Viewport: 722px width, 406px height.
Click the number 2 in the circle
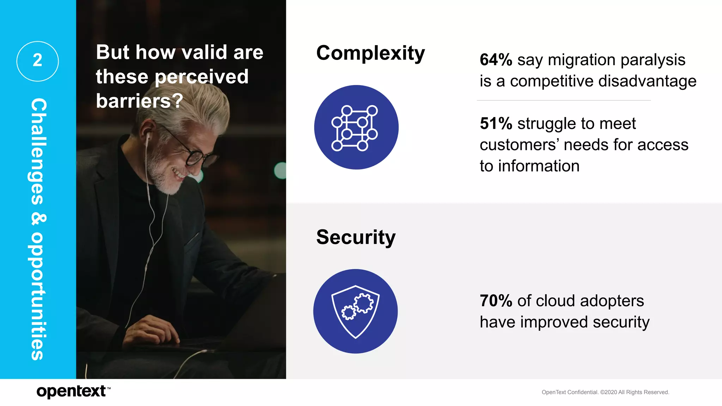pyautogui.click(x=37, y=61)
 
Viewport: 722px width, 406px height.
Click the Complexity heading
pyautogui.click(x=371, y=54)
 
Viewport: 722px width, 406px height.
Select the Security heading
pyautogui.click(x=356, y=237)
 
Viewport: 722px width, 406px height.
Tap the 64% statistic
pyautogui.click(x=496, y=60)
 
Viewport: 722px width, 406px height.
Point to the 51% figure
pyautogui.click(x=496, y=124)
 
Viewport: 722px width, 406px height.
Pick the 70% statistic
pyautogui.click(x=496, y=301)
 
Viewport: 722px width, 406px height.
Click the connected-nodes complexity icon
pyautogui.click(x=356, y=127)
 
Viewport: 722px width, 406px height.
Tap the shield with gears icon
pyautogui.click(x=355, y=311)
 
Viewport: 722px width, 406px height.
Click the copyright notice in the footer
pyautogui.click(x=605, y=392)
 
